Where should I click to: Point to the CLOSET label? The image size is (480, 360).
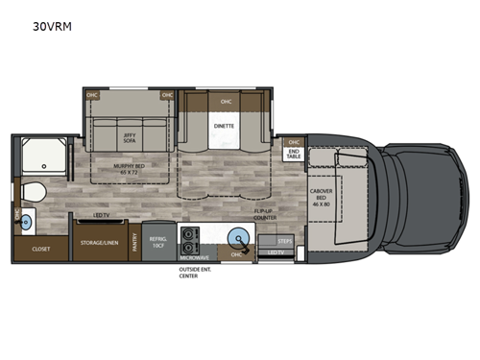point(41,247)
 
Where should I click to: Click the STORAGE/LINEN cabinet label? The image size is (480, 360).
point(99,242)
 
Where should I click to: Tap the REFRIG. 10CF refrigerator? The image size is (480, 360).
point(158,239)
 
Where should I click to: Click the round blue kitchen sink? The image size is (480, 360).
point(235,237)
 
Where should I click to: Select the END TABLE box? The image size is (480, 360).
point(293,154)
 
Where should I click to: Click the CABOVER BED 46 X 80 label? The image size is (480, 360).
point(321,198)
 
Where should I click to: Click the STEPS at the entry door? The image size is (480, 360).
point(284,241)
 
